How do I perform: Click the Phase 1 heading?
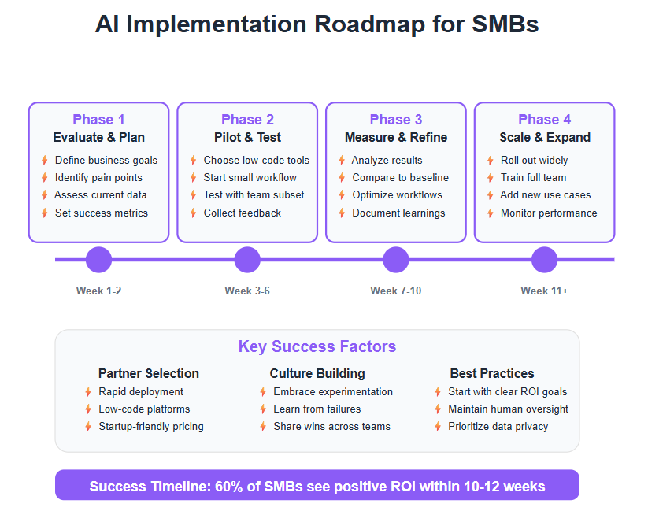pos(98,120)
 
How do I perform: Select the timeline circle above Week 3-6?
pos(247,260)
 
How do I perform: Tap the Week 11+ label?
pos(544,291)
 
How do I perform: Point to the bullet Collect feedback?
pos(243,213)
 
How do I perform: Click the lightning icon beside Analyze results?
pos(342,161)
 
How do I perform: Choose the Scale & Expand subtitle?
pos(545,137)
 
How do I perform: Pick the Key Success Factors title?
pos(317,346)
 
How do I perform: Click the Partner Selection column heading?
pos(149,373)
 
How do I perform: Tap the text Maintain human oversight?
pos(508,409)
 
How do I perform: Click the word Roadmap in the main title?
pos(369,24)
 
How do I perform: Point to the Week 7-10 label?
pos(395,291)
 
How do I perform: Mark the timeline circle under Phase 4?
pos(544,260)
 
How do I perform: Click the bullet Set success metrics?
pos(102,213)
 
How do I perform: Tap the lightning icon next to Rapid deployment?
pos(88,392)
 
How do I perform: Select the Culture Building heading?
pos(317,373)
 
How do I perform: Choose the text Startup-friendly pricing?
pos(151,427)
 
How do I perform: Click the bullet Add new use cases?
pos(545,195)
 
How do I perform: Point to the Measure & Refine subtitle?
pos(396,137)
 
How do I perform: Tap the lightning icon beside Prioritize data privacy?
pos(438,427)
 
